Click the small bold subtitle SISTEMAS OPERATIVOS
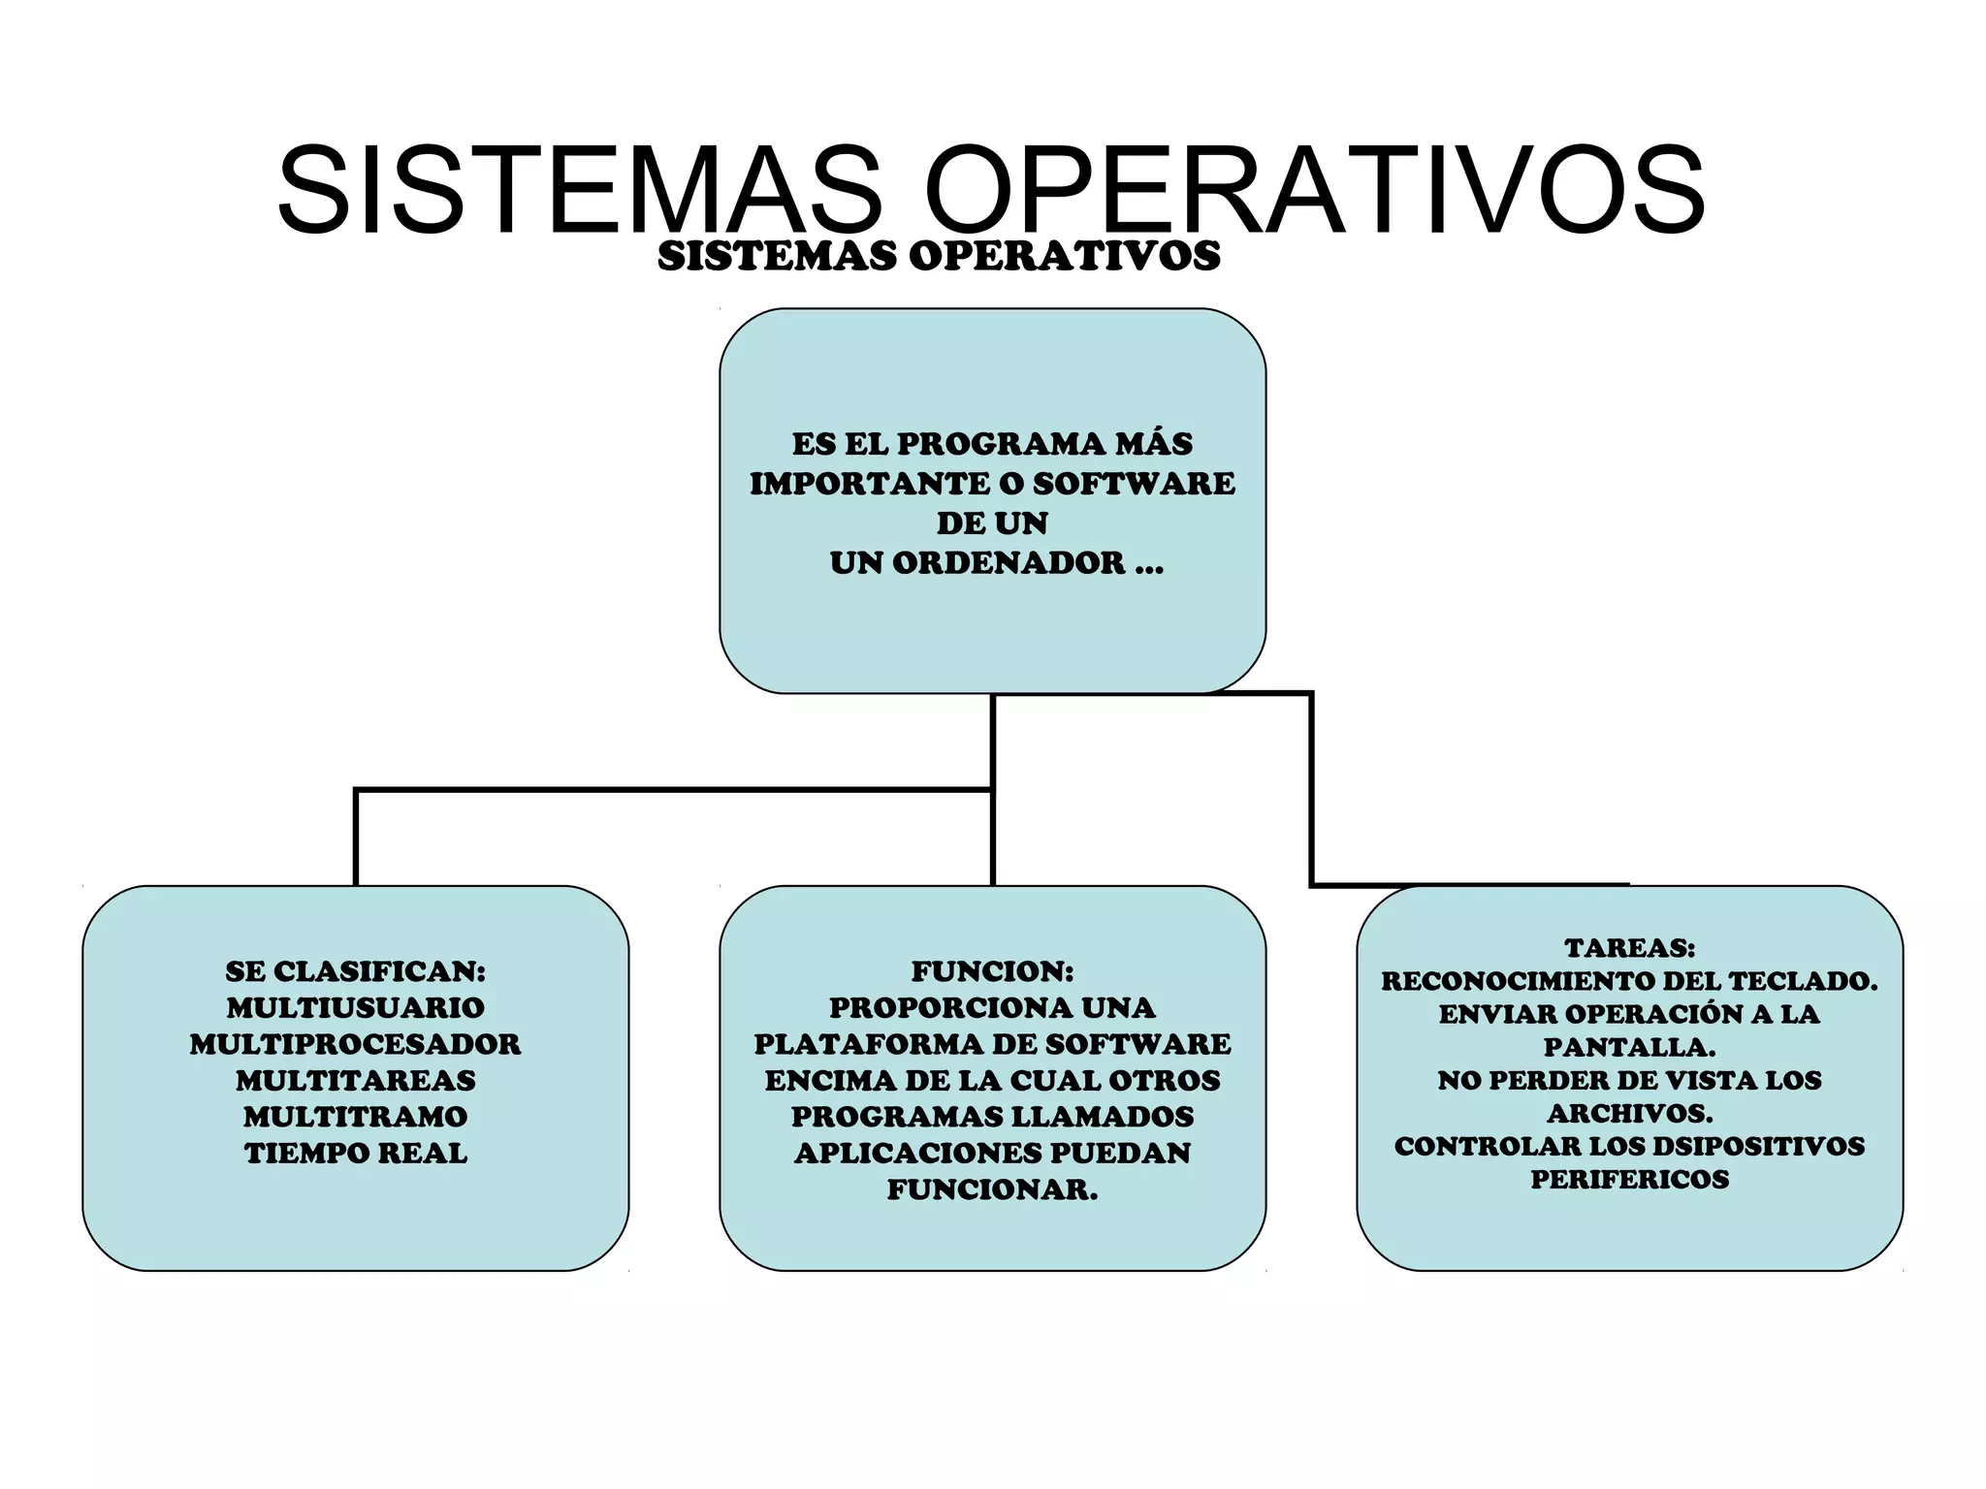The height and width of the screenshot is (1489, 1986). coord(939,256)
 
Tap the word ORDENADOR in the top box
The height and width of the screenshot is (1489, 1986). coord(1008,563)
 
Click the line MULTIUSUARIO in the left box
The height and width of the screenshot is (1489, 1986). coord(356,1008)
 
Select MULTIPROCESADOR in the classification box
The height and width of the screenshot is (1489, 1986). coord(356,1044)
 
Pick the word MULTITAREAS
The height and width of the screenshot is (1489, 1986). coord(356,1081)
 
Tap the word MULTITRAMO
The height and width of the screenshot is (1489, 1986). coord(356,1117)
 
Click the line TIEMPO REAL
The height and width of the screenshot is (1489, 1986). coord(356,1154)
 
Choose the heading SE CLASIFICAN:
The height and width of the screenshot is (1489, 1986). coord(356,971)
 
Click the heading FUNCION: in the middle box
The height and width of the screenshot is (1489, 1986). coord(992,971)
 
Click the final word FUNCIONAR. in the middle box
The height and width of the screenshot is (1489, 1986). coord(992,1190)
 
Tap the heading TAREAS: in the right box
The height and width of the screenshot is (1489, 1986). coord(1629,948)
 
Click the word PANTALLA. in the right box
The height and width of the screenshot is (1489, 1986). coord(1629,1048)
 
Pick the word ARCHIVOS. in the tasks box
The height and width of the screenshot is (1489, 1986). coord(1629,1114)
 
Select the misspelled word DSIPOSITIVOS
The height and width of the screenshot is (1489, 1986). coord(1758,1147)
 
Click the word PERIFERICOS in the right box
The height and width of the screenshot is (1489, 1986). coord(1629,1180)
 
